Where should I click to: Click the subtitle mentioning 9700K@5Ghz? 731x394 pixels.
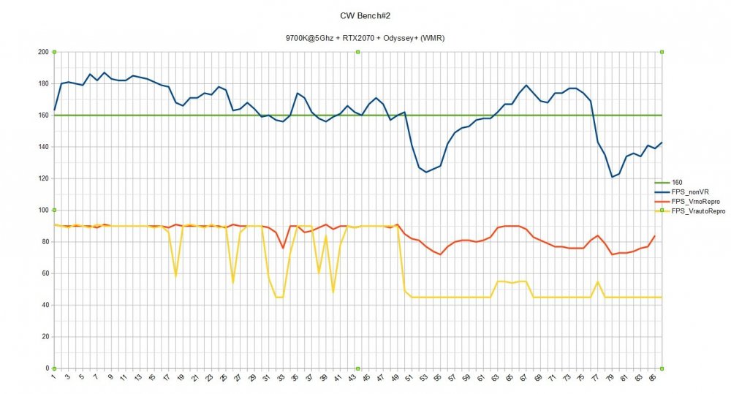coord(365,38)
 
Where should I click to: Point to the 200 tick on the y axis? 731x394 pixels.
coord(42,52)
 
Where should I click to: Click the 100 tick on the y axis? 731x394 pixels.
coord(42,210)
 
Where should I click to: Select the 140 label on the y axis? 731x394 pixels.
coord(42,147)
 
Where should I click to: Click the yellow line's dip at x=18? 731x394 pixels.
coord(175,275)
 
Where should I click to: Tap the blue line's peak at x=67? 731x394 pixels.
coord(526,86)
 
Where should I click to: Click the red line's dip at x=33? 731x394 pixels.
coord(283,248)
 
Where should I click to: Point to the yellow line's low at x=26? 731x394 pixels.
coord(232,282)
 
